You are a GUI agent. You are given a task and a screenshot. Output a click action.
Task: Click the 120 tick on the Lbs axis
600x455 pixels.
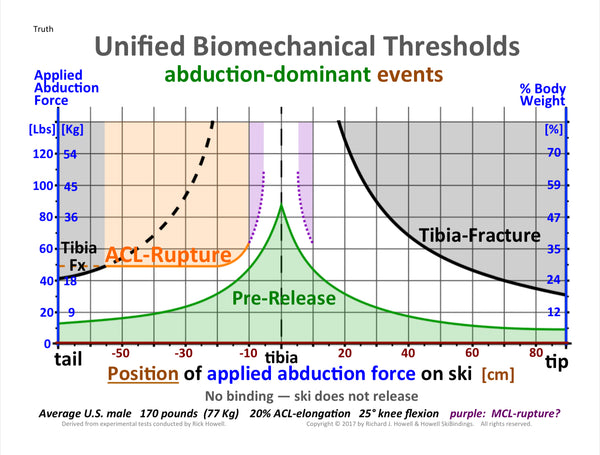tap(42, 154)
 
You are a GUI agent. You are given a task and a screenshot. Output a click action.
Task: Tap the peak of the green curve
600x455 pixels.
tap(282, 206)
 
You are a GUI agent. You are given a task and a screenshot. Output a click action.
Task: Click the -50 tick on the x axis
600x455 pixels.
tap(121, 353)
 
